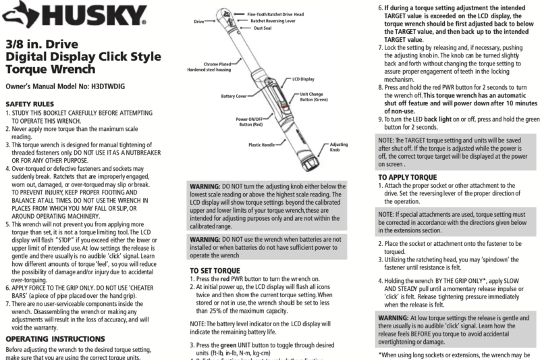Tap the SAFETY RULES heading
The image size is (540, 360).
point(30,105)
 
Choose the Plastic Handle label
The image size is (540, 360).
point(264,144)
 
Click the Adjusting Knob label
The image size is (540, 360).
point(335,148)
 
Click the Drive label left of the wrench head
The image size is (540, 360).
point(198,22)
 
